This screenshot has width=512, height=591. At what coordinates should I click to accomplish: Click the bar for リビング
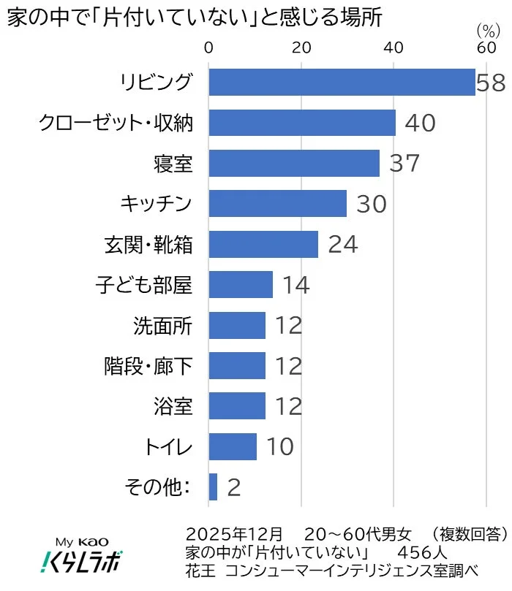coord(342,83)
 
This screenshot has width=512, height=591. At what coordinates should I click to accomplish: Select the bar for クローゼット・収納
coord(302,123)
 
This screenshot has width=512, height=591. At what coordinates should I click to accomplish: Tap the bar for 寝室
coord(294,164)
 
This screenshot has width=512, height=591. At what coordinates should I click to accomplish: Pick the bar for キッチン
coord(278,204)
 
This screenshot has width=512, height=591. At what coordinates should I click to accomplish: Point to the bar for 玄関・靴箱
coord(263,244)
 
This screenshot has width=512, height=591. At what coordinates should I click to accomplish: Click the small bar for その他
coord(213,487)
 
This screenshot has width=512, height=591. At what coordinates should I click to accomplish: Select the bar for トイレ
coord(233,446)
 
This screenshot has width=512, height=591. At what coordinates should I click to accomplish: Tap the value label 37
coord(404,164)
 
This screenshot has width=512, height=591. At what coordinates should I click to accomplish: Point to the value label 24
coord(342,244)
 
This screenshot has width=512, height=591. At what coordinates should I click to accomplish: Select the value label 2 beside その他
coord(234,487)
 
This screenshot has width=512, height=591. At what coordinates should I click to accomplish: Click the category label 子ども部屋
coord(144,284)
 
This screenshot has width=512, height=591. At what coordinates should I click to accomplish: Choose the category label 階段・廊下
coord(148,365)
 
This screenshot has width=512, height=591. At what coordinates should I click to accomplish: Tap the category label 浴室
coord(173,405)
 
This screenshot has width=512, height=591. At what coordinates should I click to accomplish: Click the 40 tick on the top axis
coord(394,48)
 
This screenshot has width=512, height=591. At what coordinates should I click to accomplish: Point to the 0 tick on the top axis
coord(209,48)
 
